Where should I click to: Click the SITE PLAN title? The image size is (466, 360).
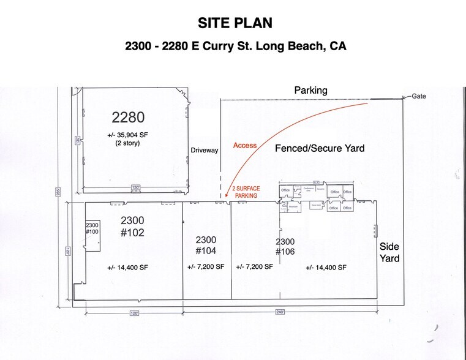(x=235, y=23)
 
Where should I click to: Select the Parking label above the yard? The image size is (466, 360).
(x=310, y=90)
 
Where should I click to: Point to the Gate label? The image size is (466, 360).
(x=419, y=96)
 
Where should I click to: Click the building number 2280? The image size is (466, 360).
(x=128, y=116)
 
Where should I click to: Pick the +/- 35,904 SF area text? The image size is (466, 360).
(x=127, y=135)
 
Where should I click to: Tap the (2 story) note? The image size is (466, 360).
(x=127, y=143)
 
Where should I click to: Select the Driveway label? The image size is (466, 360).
(x=204, y=150)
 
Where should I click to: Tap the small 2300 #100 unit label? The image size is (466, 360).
(x=92, y=228)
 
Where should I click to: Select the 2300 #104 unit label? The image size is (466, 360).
(x=206, y=245)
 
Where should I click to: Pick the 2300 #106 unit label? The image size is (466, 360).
(x=286, y=247)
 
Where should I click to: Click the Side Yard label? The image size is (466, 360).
(x=390, y=252)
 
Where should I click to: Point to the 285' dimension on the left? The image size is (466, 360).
(x=58, y=193)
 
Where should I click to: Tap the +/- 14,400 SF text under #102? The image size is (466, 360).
(x=127, y=268)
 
